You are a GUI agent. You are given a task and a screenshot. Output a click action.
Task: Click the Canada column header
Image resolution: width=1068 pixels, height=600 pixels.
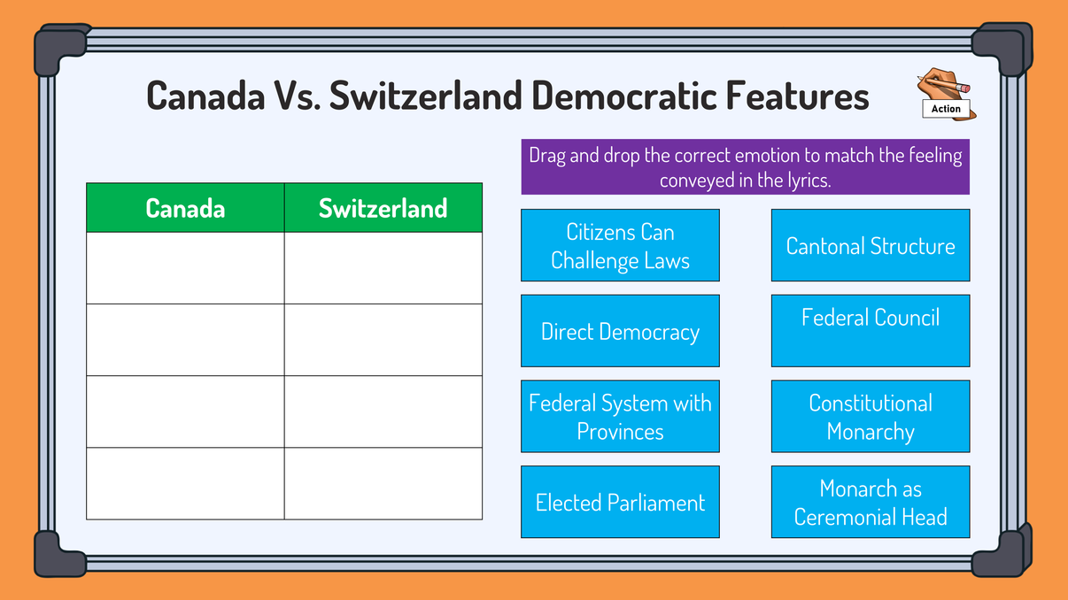pyautogui.click(x=185, y=208)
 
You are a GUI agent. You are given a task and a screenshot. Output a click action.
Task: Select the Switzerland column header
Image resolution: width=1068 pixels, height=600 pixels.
pyautogui.click(x=383, y=208)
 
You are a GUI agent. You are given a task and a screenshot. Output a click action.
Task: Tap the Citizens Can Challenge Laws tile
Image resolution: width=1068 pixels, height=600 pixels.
pyautogui.click(x=620, y=246)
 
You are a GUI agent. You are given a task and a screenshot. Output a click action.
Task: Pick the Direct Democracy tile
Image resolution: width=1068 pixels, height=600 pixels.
pyautogui.click(x=620, y=332)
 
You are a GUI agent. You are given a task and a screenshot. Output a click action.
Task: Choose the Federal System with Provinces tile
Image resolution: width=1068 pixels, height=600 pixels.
pyautogui.click(x=620, y=417)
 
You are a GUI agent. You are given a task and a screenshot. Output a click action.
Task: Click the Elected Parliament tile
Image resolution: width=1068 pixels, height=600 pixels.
pyautogui.click(x=620, y=503)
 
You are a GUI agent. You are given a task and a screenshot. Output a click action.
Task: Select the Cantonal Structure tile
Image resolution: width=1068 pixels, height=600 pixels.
pyautogui.click(x=871, y=246)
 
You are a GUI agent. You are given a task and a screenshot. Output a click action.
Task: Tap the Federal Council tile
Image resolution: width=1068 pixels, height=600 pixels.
pyautogui.click(x=871, y=330)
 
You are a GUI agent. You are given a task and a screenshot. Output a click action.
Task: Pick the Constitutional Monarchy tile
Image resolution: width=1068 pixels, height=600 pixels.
pyautogui.click(x=871, y=417)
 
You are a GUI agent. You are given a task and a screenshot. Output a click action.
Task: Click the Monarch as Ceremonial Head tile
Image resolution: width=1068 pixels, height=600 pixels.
pyautogui.click(x=871, y=503)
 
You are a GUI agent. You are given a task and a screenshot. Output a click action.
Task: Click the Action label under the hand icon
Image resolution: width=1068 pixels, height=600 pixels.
pyautogui.click(x=946, y=109)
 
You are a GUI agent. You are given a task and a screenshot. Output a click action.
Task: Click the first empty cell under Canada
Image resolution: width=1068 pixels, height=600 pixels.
pyautogui.click(x=185, y=268)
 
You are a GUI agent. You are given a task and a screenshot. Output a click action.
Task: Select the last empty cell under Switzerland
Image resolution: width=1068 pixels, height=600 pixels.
pyautogui.click(x=383, y=483)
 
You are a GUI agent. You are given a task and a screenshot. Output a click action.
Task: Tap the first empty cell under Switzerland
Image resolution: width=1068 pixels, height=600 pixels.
pyautogui.click(x=383, y=268)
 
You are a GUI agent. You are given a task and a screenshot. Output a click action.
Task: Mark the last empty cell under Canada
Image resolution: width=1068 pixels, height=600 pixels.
pyautogui.click(x=185, y=483)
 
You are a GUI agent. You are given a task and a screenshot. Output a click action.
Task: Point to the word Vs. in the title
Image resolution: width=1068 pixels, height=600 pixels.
pyautogui.click(x=293, y=96)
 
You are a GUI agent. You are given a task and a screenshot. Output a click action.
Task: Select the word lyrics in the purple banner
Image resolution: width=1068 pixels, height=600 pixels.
pyautogui.click(x=803, y=180)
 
